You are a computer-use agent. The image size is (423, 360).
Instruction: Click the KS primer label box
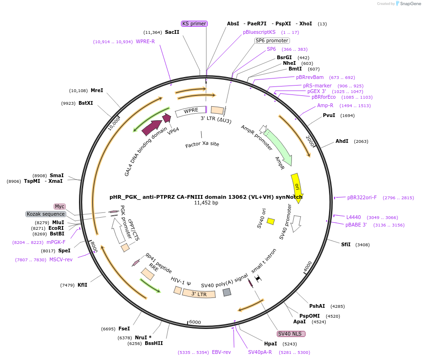194,23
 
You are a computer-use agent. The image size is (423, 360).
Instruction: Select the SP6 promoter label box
272,40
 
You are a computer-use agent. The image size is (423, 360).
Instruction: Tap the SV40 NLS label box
291,334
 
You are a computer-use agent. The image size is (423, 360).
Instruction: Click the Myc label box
60,206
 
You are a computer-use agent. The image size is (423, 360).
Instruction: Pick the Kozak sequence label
46,214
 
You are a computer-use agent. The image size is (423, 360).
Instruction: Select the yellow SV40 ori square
271,221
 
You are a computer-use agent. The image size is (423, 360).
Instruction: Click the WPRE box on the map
191,111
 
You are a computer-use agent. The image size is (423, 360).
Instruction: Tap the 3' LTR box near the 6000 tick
199,294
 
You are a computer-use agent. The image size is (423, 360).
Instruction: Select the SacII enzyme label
172,32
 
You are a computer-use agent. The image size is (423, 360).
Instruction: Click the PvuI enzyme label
329,116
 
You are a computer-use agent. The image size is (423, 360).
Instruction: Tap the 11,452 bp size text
206,203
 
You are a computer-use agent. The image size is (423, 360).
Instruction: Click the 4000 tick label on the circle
307,266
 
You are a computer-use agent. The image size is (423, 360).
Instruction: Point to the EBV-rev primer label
221,352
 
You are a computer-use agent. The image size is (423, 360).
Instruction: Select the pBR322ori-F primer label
362,198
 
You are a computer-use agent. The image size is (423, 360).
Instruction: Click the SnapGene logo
408,4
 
